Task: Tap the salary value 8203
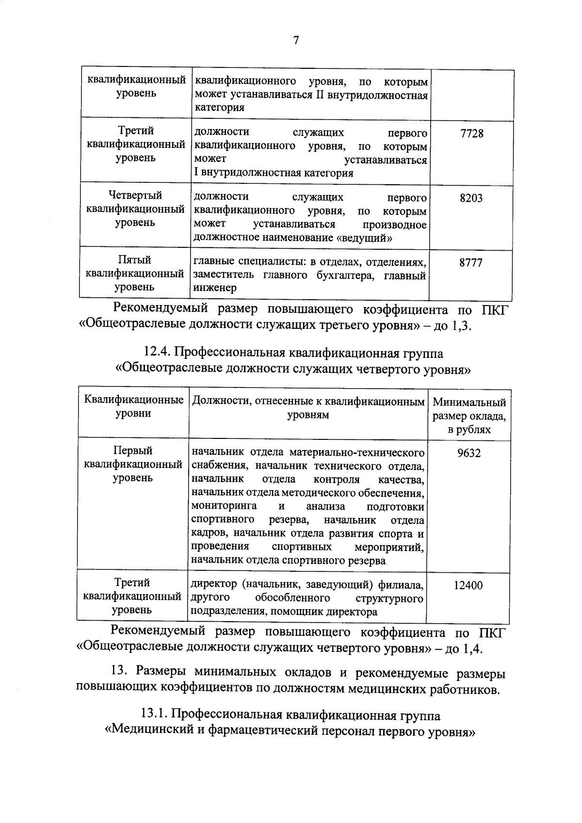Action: pyautogui.click(x=471, y=198)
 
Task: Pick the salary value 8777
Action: pyautogui.click(x=470, y=263)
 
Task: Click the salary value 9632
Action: pyautogui.click(x=469, y=453)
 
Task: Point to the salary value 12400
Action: pyautogui.click(x=468, y=585)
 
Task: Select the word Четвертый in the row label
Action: pyautogui.click(x=135, y=195)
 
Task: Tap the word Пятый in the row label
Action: pyautogui.click(x=135, y=260)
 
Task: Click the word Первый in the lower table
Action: pyautogui.click(x=133, y=451)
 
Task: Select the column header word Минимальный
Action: pyautogui.click(x=469, y=403)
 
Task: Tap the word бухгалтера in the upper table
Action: pyautogui.click(x=345, y=275)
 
